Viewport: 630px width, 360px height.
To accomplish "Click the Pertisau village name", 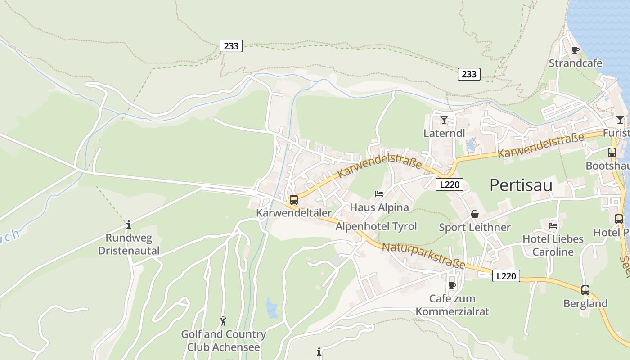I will coord(521,185).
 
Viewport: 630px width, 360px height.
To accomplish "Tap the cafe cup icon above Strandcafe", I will coord(575,50).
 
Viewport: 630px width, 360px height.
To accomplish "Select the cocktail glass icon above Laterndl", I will coord(444,120).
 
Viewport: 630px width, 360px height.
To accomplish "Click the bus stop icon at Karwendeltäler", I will coord(294,199).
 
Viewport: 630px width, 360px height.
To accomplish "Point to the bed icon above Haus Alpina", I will coord(379,194).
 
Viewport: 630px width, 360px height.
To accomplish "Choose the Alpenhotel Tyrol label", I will coord(376,226).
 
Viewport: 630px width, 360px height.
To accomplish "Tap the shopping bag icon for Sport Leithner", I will coord(475,214).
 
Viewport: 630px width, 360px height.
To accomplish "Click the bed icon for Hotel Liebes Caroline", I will coord(553,225).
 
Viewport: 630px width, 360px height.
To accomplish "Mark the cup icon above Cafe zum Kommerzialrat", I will coord(452,285).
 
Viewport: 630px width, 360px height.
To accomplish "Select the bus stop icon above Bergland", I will coord(585,290).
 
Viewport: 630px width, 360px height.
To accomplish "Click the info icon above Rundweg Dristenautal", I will coord(129,224).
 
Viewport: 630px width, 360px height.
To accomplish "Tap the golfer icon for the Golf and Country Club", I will coord(223,321).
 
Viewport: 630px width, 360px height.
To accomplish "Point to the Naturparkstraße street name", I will coord(423,256).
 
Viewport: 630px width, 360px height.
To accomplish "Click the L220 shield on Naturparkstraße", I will coord(506,276).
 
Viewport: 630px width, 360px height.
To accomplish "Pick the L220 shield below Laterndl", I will coord(449,184).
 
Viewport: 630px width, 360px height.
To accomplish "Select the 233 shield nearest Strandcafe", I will coord(469,74).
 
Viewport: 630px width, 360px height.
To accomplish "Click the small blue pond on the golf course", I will coord(271,308).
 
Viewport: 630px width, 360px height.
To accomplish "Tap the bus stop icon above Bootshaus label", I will coord(612,153).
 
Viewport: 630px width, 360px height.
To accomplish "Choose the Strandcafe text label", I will coord(575,63).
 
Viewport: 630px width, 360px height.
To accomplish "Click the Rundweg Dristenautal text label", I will coord(129,244).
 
